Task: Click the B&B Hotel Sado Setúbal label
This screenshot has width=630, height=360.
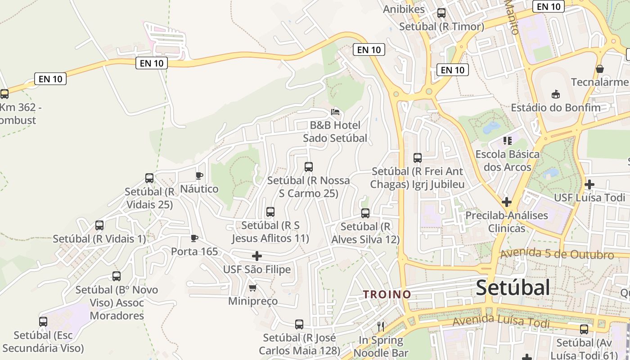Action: (x=335, y=131)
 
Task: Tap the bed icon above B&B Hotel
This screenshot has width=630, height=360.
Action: (x=335, y=112)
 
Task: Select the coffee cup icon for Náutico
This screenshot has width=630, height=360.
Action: (x=199, y=175)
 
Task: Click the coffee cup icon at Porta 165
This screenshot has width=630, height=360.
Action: (x=194, y=238)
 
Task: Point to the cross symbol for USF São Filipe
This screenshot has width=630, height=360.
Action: (x=257, y=256)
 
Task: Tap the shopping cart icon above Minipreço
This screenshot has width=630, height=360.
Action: (x=252, y=288)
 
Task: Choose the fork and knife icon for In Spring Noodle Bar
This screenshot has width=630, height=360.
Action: (x=381, y=326)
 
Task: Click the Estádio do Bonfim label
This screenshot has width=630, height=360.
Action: (x=555, y=108)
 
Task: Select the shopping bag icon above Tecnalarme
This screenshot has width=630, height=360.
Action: (x=599, y=69)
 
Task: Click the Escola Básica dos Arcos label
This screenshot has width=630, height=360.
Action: (x=507, y=161)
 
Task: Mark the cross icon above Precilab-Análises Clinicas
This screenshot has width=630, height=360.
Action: (x=507, y=202)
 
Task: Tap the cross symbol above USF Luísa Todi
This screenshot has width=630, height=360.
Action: (x=589, y=184)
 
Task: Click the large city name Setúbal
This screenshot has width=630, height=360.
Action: (x=513, y=288)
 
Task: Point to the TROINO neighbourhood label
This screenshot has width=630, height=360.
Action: (x=387, y=294)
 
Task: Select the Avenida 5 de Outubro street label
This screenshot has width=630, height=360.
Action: (x=557, y=254)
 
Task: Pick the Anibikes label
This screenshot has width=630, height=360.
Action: (x=404, y=9)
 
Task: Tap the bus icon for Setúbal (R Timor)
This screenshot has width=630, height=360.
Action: (x=441, y=13)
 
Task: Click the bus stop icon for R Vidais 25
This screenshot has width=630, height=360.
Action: (x=149, y=178)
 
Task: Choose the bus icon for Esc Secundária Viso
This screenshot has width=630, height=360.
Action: (x=43, y=322)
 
